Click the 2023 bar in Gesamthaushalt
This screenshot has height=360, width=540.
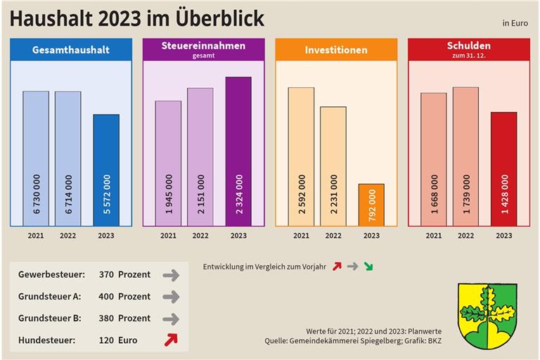(106, 170)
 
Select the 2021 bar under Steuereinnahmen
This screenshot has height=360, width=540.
(168, 163)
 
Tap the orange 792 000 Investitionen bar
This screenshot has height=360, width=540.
(371, 205)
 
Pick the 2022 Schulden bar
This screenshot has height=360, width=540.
(465, 156)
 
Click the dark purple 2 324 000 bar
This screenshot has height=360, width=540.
(238, 151)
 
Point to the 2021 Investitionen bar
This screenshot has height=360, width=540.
(301, 156)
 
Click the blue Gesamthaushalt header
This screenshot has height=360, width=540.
(71, 50)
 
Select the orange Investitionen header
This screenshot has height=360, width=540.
(336, 50)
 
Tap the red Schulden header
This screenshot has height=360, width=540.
(469, 49)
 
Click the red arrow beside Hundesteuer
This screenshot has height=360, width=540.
(170, 340)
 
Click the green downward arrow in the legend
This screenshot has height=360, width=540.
(369, 266)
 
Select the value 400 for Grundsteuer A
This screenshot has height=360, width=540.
(106, 297)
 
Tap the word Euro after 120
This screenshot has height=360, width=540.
(128, 340)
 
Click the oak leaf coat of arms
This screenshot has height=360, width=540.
(487, 316)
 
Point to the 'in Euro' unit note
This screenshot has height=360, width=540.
(515, 24)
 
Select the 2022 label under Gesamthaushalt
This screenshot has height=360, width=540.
(68, 236)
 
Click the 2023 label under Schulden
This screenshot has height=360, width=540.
(503, 236)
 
